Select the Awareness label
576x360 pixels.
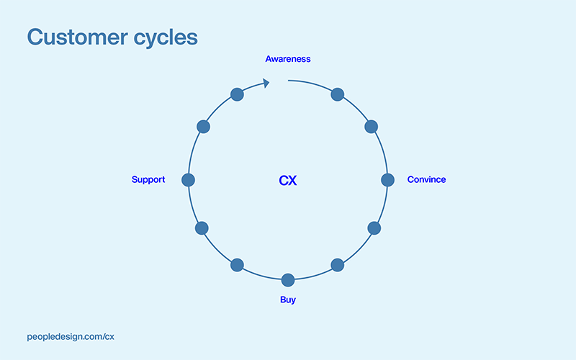click(x=288, y=59)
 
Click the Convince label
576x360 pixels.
click(x=426, y=179)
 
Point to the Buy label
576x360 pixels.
click(x=288, y=300)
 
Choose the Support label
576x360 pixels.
click(x=148, y=179)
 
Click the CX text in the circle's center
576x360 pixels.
click(x=288, y=180)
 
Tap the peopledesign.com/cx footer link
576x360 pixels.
click(x=71, y=336)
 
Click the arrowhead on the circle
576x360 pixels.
click(x=266, y=83)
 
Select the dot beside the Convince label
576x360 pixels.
click(x=387, y=180)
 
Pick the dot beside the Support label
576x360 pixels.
click(x=189, y=180)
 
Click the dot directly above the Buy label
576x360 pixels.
click(x=288, y=279)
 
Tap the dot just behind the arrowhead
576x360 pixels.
click(x=237, y=94)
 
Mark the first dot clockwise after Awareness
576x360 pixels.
click(x=337, y=94)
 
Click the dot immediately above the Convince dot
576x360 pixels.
click(x=372, y=127)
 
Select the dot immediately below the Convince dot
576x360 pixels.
click(x=374, y=228)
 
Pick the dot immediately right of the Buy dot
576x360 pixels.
click(x=337, y=265)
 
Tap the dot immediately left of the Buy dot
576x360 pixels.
click(x=237, y=265)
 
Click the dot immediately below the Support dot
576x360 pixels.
click(x=202, y=228)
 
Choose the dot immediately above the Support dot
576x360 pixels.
click(x=203, y=127)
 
